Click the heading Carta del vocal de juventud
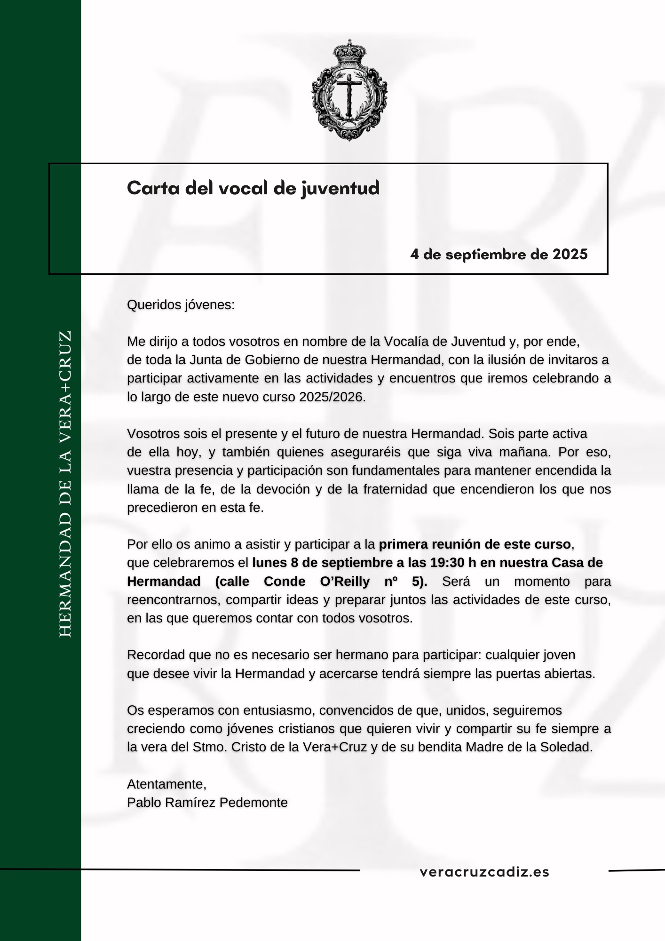(253, 188)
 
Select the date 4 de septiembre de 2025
(499, 255)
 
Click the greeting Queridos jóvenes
(181, 305)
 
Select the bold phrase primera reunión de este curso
(475, 544)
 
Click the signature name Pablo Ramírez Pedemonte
(207, 803)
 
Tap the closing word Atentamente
(166, 784)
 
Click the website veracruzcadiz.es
(484, 872)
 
